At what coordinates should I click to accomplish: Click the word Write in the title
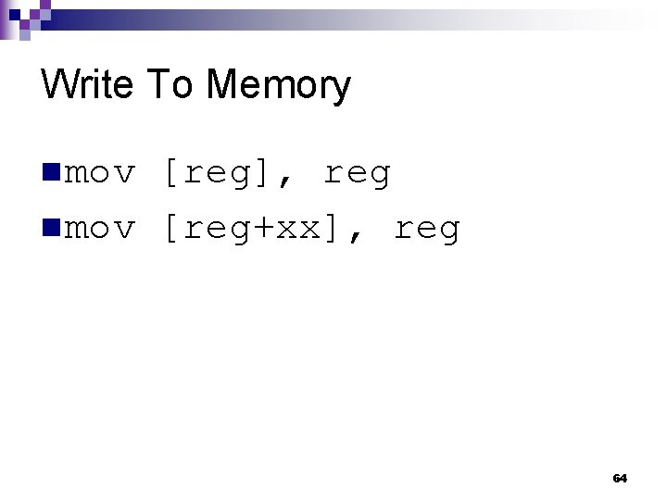pyautogui.click(x=87, y=85)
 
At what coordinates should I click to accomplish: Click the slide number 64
pyautogui.click(x=620, y=479)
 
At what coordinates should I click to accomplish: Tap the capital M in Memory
pyautogui.click(x=221, y=85)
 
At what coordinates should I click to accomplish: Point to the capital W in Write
pyautogui.click(x=57, y=85)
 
